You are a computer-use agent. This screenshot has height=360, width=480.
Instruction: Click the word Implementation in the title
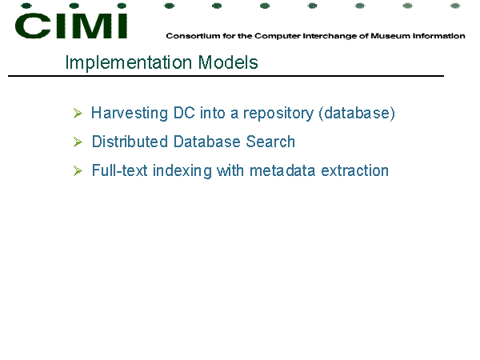pyautogui.click(x=129, y=62)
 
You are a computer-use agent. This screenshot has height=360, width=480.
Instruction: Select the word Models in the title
pyautogui.click(x=228, y=62)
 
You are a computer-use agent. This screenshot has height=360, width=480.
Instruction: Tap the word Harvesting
pyautogui.click(x=130, y=114)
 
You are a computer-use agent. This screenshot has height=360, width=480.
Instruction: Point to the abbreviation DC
pyautogui.click(x=184, y=113)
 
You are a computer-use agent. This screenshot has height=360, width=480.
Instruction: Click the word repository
pyautogui.click(x=278, y=114)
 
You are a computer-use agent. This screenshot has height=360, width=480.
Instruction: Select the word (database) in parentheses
pyautogui.click(x=357, y=114)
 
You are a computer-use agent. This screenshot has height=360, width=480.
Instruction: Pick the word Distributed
pyautogui.click(x=130, y=142)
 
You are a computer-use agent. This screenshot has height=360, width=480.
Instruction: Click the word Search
pyautogui.click(x=270, y=142)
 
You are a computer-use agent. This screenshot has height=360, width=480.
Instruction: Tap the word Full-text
pyautogui.click(x=120, y=170)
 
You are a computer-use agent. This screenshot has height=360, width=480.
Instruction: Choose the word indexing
pyautogui.click(x=182, y=171)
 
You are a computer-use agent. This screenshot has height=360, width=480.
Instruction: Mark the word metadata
pyautogui.click(x=282, y=170)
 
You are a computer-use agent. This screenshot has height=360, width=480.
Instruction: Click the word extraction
pyautogui.click(x=354, y=170)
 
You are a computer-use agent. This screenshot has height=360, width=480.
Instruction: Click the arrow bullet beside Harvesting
pyautogui.click(x=78, y=114)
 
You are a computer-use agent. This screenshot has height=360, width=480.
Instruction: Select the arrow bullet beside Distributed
pyautogui.click(x=78, y=142)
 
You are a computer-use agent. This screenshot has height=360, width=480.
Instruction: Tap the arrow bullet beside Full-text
pyautogui.click(x=78, y=171)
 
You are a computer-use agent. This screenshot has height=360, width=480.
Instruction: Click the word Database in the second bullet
pyautogui.click(x=207, y=142)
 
